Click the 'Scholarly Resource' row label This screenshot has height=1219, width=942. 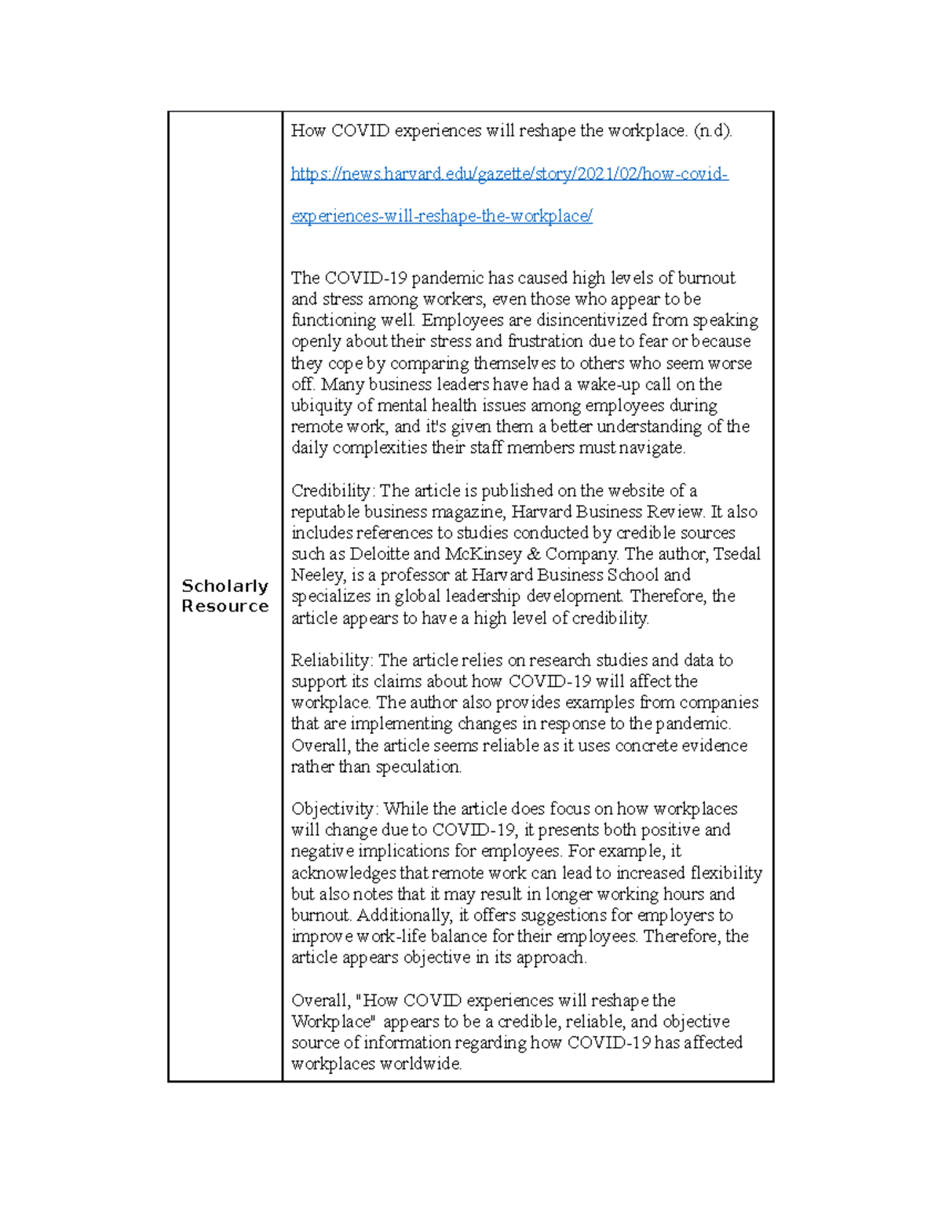[225, 596]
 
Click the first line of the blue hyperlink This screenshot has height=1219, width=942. [509, 173]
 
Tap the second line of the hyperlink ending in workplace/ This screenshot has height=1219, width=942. [441, 216]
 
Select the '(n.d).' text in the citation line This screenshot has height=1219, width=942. [712, 131]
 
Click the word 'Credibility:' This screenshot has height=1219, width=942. [333, 491]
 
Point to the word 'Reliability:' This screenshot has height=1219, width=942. [332, 660]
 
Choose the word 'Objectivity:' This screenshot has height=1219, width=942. [335, 808]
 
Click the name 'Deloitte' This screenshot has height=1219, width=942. [380, 554]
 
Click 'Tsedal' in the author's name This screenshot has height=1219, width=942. [736, 554]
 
